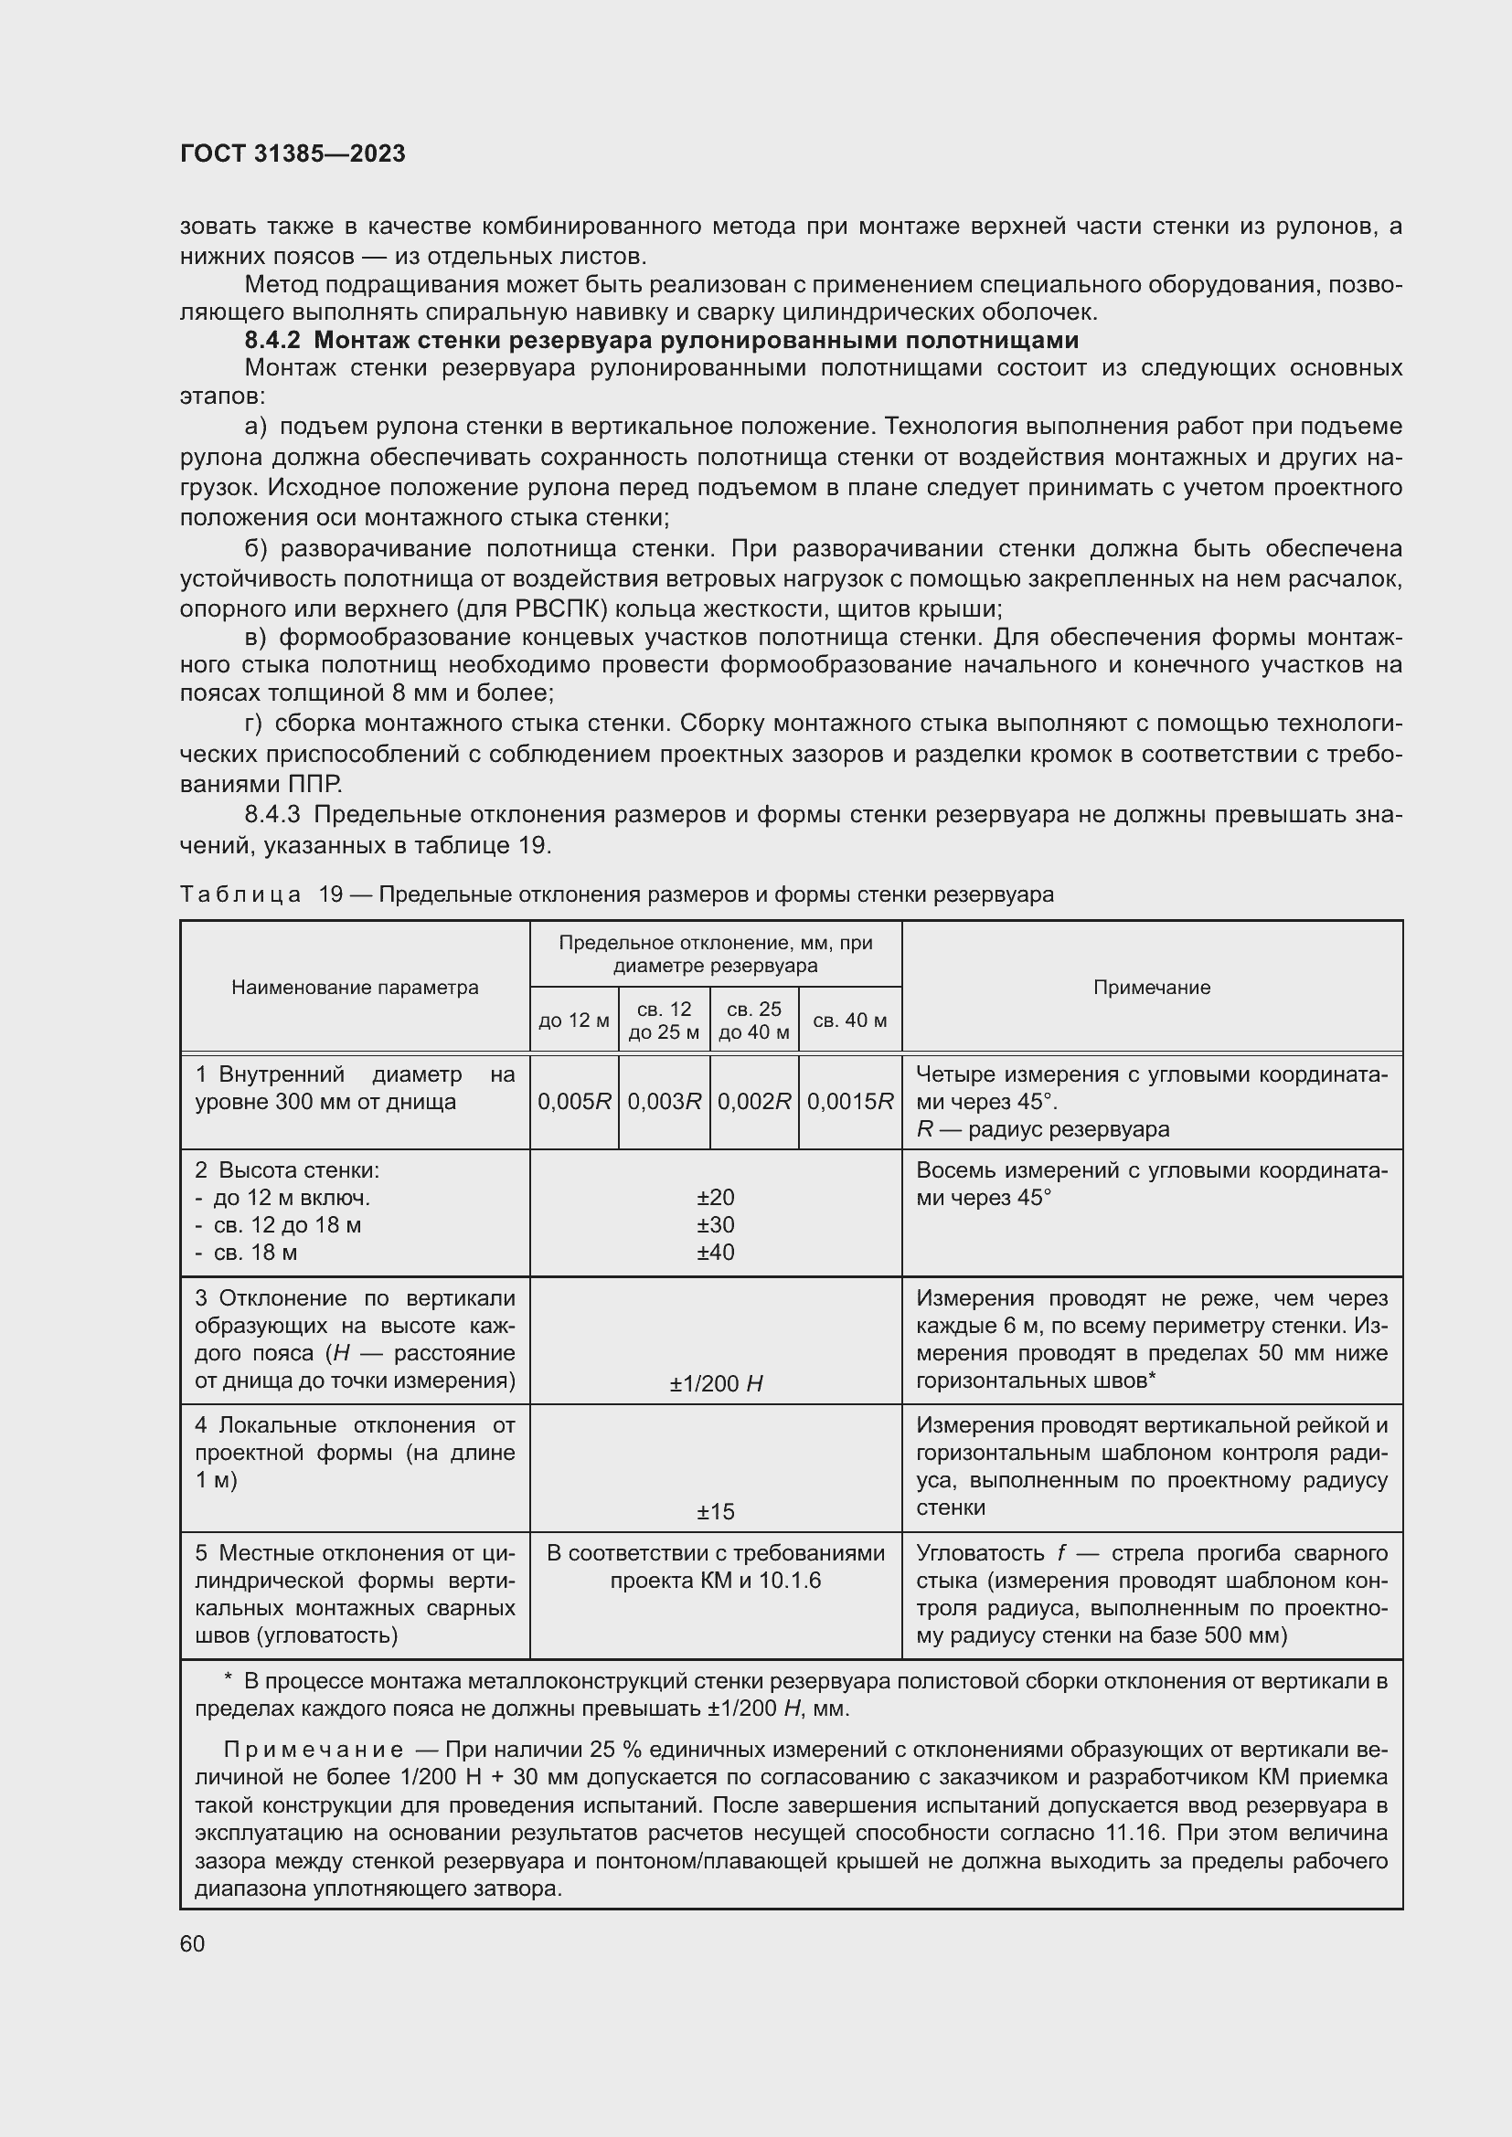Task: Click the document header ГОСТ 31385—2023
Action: pyautogui.click(x=293, y=153)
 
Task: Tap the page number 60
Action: pyautogui.click(x=193, y=1943)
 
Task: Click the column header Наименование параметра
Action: pyautogui.click(x=355, y=988)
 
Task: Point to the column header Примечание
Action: pyautogui.click(x=1152, y=988)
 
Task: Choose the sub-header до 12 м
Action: pyautogui.click(x=573, y=1021)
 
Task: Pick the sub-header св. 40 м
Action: pyautogui.click(x=849, y=1021)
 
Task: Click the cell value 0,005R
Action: pyautogui.click(x=573, y=1102)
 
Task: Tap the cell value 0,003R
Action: pyautogui.click(x=664, y=1102)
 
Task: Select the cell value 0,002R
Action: pyautogui.click(x=754, y=1102)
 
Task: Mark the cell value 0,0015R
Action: pyautogui.click(x=850, y=1102)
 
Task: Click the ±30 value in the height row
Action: pyautogui.click(x=715, y=1225)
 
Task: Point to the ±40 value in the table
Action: pyautogui.click(x=715, y=1252)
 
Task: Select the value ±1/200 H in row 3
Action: pyautogui.click(x=715, y=1384)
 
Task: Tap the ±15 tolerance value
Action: pyautogui.click(x=715, y=1511)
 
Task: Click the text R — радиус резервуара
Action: pyautogui.click(x=1043, y=1129)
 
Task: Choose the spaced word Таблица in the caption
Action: pyautogui.click(x=240, y=894)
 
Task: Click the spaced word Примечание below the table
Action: pyautogui.click(x=314, y=1750)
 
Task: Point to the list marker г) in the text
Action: pyautogui.click(x=254, y=724)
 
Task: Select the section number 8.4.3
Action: pyautogui.click(x=272, y=814)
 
